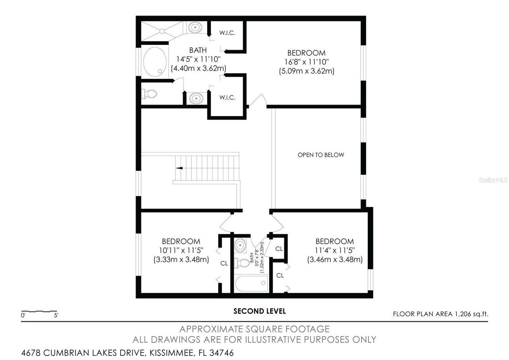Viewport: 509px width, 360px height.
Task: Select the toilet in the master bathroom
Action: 149,94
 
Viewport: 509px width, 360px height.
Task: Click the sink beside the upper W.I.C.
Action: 195,27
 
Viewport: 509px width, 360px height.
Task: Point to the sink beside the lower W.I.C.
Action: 195,98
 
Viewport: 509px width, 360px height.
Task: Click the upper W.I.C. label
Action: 227,33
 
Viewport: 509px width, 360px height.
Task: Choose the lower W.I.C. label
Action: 227,97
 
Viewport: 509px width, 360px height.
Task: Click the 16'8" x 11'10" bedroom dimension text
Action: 306,62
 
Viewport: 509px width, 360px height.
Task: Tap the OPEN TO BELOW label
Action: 321,155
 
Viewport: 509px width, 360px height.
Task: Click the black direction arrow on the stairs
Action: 179,168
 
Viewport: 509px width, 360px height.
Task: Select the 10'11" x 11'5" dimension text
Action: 181,251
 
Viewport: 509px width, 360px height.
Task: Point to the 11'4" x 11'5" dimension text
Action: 334,251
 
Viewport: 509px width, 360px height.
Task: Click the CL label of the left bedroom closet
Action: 224,263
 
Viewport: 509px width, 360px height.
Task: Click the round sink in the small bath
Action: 240,245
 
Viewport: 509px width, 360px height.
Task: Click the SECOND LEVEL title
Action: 259,311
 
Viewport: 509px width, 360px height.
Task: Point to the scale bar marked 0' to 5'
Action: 39,311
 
